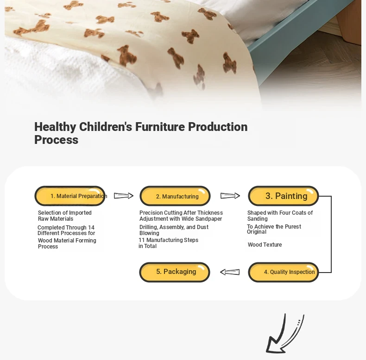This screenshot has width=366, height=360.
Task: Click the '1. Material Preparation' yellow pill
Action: click(x=70, y=196)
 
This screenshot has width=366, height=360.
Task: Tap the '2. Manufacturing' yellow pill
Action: click(x=175, y=196)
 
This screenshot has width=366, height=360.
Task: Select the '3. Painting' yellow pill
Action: click(x=284, y=196)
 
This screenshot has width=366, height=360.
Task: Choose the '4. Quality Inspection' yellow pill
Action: click(x=284, y=272)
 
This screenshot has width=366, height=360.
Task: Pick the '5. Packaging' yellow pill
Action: click(x=175, y=272)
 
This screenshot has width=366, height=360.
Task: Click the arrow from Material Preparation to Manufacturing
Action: click(x=124, y=196)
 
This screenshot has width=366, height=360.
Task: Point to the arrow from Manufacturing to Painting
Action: click(x=230, y=196)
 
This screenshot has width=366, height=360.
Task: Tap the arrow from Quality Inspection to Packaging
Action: click(x=230, y=272)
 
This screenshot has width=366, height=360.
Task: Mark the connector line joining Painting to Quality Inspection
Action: click(x=331, y=234)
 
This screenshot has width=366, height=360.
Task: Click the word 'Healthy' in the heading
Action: click(x=55, y=127)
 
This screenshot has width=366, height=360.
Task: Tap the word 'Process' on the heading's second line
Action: click(x=56, y=140)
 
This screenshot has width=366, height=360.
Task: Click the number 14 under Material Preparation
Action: click(x=91, y=227)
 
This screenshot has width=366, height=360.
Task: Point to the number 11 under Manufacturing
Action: click(x=142, y=240)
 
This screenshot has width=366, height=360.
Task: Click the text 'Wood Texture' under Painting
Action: click(x=265, y=245)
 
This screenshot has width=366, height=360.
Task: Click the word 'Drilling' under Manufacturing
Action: click(x=148, y=227)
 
